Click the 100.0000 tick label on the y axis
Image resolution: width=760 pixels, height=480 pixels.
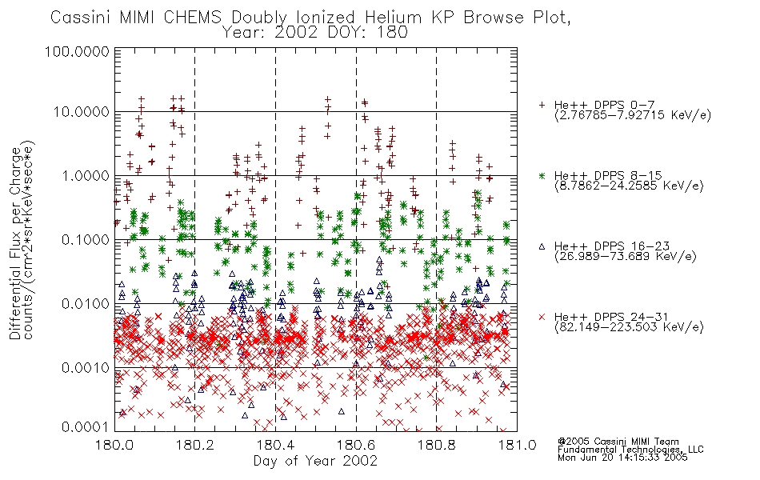tap(78, 51)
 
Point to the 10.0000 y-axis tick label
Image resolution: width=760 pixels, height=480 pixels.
tap(81, 112)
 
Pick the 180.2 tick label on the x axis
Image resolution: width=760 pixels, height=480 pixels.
tap(195, 445)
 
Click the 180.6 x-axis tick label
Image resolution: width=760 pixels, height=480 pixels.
tap(356, 445)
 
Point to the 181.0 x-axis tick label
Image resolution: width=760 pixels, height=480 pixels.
tap(517, 445)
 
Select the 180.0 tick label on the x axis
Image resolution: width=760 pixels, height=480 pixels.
tap(115, 445)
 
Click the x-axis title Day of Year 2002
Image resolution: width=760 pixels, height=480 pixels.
tap(315, 461)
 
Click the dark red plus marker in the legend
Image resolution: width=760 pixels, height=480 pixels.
tap(542, 105)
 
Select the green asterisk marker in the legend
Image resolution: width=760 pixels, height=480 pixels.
tap(542, 175)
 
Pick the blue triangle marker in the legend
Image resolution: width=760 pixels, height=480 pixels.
tap(542, 246)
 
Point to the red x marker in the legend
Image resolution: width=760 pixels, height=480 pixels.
tap(542, 317)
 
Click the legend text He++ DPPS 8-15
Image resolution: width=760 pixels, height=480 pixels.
tap(608, 175)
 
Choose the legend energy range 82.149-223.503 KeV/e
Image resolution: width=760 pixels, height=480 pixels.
tap(629, 327)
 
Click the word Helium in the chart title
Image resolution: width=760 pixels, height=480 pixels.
tap(394, 18)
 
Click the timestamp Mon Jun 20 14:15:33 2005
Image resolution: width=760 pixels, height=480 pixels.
tap(622, 457)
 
